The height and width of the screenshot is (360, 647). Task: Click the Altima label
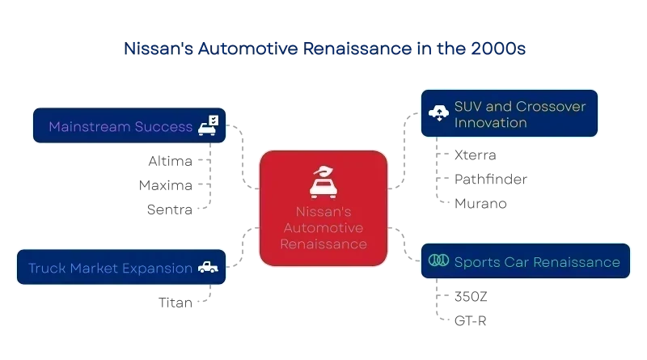coord(171,161)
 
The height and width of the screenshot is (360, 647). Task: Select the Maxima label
coord(166,185)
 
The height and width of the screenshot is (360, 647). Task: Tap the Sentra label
coord(170,210)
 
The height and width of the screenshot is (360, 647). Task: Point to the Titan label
coord(175,303)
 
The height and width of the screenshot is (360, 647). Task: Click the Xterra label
coord(476,155)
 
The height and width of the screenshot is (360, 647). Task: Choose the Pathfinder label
coord(491,179)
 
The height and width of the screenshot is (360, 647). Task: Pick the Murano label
coord(480,204)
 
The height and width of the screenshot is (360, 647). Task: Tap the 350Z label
coord(471,296)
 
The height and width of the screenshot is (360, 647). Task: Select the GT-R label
coord(471,321)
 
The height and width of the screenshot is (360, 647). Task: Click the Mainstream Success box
coord(129,125)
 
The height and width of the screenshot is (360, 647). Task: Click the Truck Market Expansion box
coord(121,267)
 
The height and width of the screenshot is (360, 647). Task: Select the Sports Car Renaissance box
coord(526,261)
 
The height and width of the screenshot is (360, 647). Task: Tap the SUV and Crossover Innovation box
coord(510,113)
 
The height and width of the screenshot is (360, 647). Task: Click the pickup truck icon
coord(208,268)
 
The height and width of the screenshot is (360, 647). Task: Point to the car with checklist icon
coord(209,125)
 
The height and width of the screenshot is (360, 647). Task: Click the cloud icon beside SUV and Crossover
coord(438,112)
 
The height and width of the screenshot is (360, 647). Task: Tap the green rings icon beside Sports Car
coord(438,260)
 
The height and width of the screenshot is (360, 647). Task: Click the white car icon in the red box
coord(323,182)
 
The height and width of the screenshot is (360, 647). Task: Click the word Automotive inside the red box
coord(323,228)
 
